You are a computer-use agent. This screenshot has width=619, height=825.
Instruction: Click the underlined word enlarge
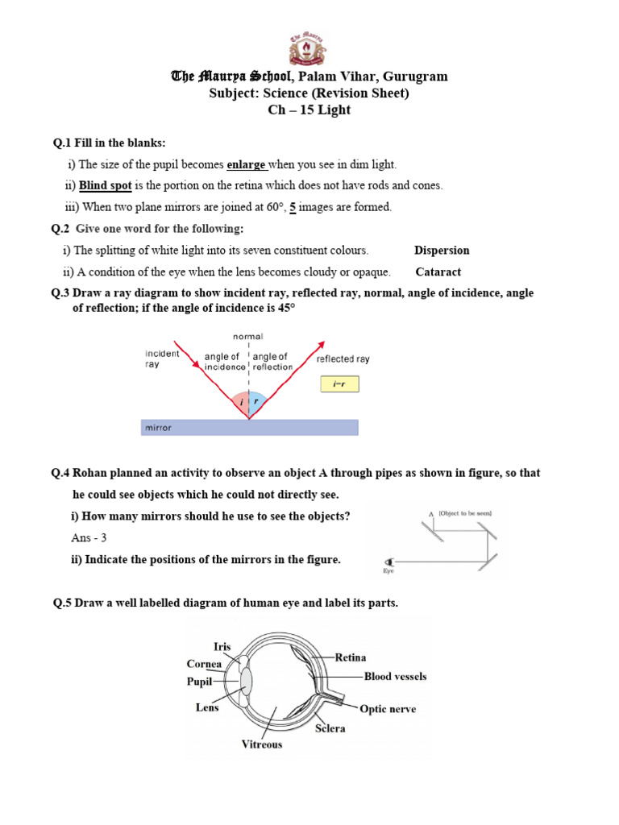(247, 164)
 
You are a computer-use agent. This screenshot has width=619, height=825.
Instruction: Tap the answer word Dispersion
(442, 251)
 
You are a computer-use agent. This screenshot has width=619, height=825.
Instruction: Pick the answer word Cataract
(438, 272)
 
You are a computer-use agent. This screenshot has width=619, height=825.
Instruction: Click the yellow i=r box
(339, 384)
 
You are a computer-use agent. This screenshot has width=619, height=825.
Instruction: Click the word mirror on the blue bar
(159, 428)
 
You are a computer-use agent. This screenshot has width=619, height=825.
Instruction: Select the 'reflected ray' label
(343, 359)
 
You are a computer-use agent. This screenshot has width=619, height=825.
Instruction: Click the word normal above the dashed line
(247, 336)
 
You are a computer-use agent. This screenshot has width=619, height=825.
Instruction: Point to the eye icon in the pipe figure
(392, 562)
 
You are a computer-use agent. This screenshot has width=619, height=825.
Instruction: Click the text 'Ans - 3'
(89, 537)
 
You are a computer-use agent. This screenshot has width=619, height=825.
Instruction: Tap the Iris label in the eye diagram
(222, 646)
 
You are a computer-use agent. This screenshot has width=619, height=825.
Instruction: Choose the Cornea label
(204, 665)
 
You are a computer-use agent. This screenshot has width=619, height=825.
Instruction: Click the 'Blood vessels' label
(396, 677)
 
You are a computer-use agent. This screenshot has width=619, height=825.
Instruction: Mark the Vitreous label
(262, 744)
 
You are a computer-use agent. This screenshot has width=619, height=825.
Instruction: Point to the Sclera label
(330, 728)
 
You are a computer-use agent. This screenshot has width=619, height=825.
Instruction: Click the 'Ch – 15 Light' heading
(309, 110)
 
